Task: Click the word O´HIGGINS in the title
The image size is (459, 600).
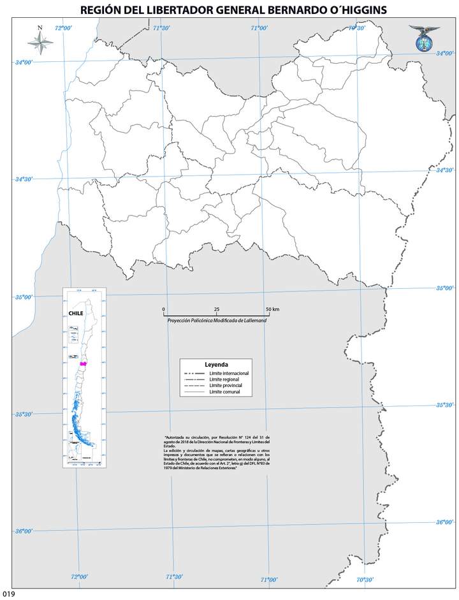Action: click(348, 11)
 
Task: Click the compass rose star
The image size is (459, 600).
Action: click(40, 43)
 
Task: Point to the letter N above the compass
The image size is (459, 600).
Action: click(40, 28)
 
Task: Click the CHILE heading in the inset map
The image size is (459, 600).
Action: click(76, 314)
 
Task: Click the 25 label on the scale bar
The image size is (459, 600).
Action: click(217, 309)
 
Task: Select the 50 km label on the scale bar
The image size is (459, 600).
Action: click(272, 309)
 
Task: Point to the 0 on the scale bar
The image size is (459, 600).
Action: click(164, 309)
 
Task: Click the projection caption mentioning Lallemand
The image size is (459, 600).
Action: click(217, 320)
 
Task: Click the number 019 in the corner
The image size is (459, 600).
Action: click(8, 594)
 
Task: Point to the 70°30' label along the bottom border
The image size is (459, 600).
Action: click(365, 580)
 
